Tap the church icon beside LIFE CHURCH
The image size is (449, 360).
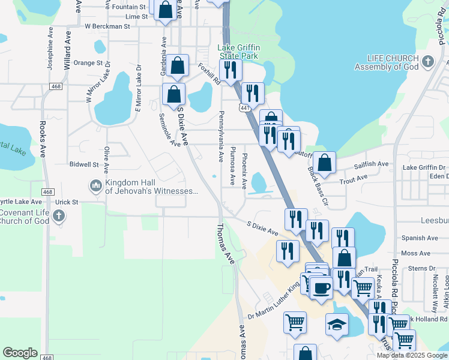pyautogui.click(x=427, y=61)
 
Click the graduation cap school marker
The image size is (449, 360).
pyautogui.click(x=337, y=325)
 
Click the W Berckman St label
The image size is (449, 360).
pyautogui.click(x=107, y=26)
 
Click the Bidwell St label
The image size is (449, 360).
pyautogui.click(x=83, y=164)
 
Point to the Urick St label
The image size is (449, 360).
pyautogui.click(x=67, y=202)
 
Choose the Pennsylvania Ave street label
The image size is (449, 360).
pyautogui.click(x=221, y=135)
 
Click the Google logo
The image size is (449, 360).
pyautogui.click(x=20, y=353)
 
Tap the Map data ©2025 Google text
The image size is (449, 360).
pyautogui.click(x=411, y=355)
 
